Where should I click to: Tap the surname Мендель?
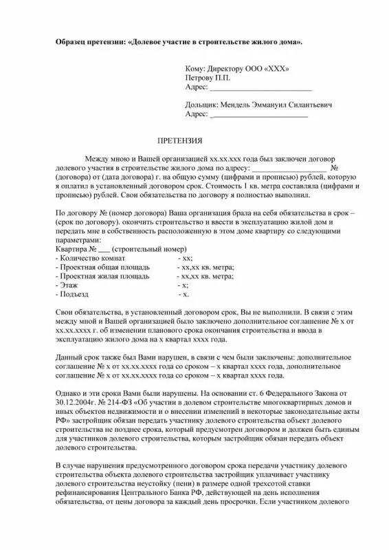(239, 105)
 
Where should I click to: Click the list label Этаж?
(67, 284)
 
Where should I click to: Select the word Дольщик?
(200, 105)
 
